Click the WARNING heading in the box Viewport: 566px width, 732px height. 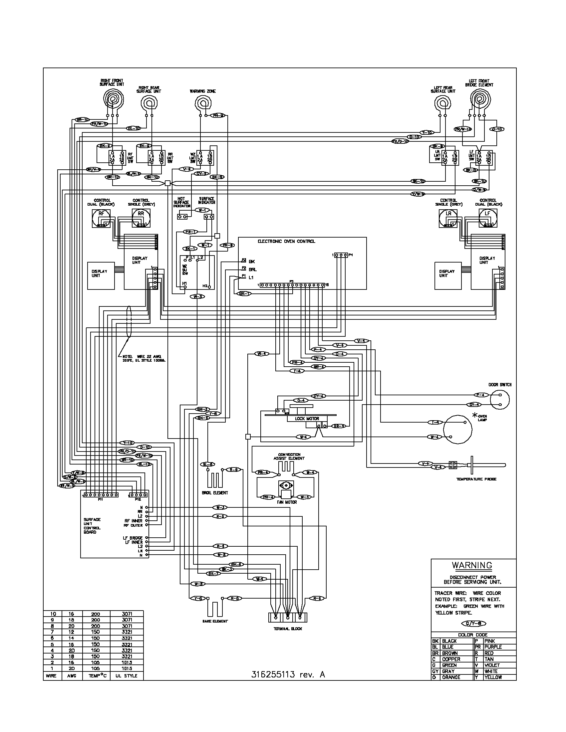pos(472,565)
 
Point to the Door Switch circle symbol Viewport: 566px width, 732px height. pos(500,400)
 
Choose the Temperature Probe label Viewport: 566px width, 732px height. pos(476,479)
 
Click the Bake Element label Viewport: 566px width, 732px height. pos(215,621)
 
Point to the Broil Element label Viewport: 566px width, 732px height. pos(215,493)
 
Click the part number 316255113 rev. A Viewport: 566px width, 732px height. pos(288,675)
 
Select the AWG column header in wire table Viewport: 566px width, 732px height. pos(72,676)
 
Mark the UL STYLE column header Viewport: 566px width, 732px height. pos(126,676)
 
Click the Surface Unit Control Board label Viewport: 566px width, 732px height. pos(92,525)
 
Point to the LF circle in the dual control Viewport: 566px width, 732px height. pos(487,213)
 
